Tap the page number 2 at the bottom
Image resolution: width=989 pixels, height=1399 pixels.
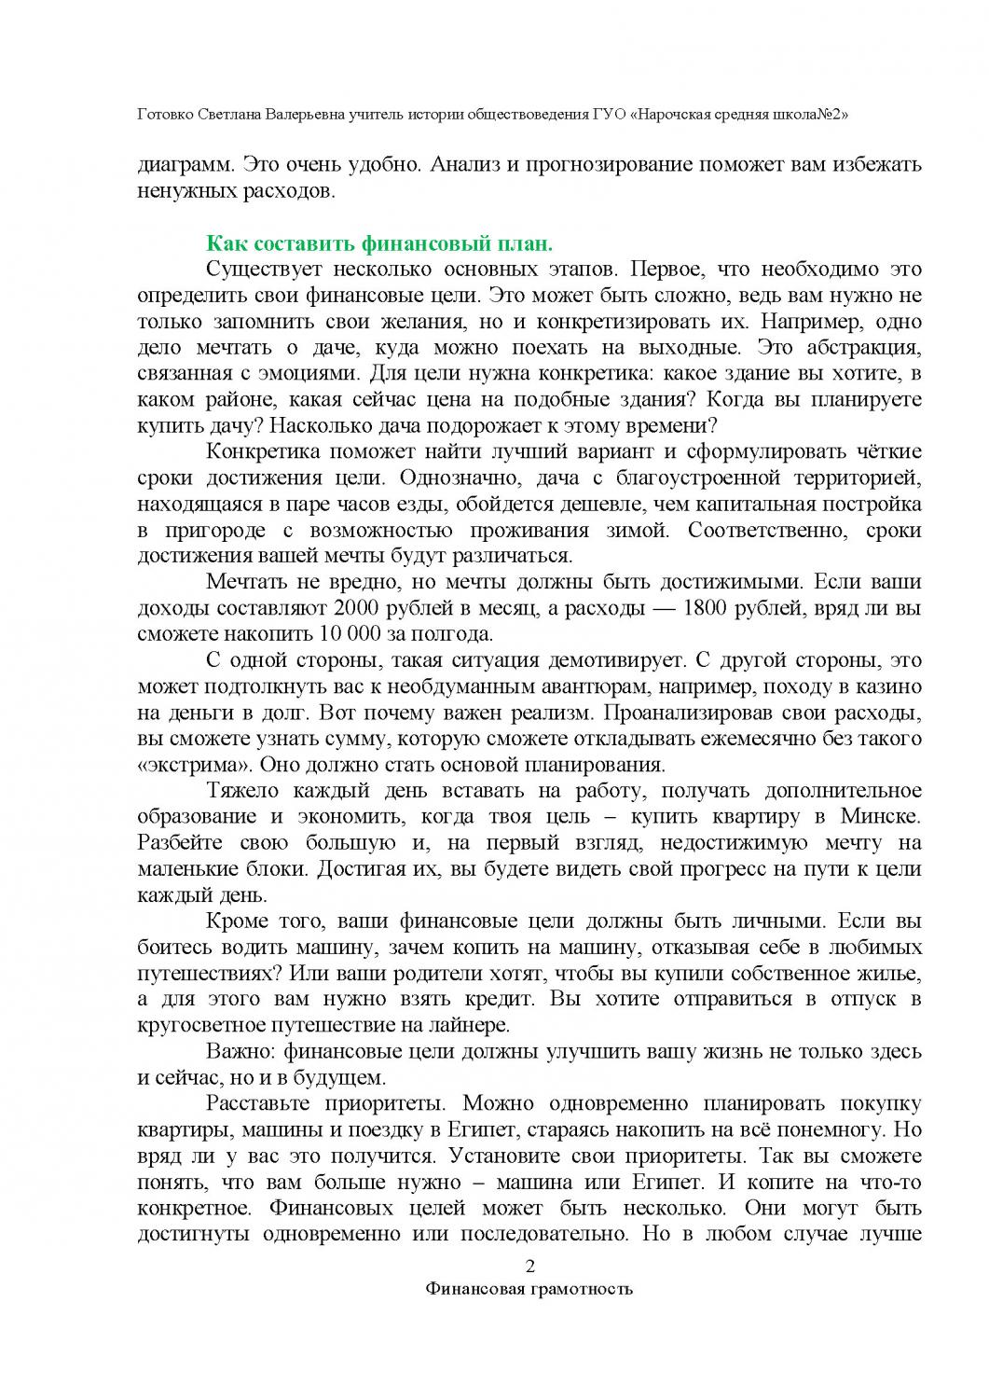click(x=530, y=1267)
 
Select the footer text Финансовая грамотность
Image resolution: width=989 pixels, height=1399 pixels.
click(x=529, y=1290)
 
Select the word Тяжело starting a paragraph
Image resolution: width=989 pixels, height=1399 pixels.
click(x=240, y=791)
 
